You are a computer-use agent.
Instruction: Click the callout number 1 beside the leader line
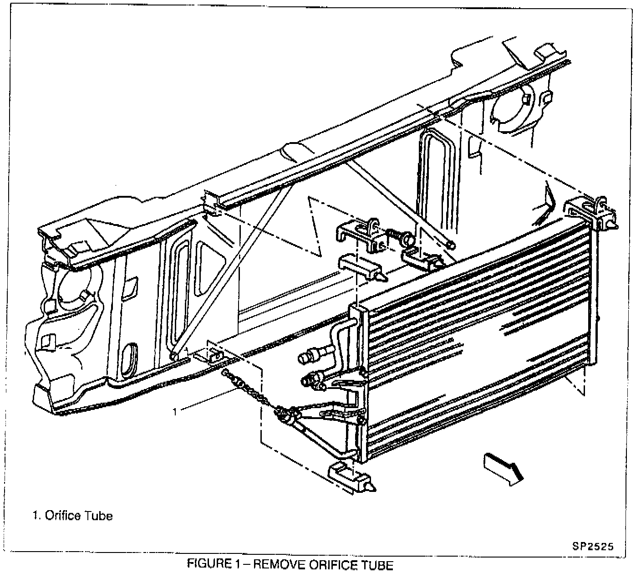[x=174, y=412]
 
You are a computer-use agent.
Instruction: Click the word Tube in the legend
[x=99, y=516]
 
